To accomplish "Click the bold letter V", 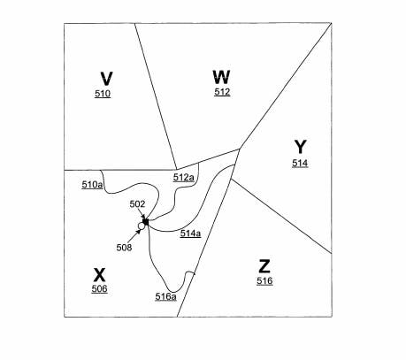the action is click(x=106, y=79).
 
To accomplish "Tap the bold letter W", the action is click(x=221, y=77).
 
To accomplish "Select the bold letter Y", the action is click(x=301, y=147).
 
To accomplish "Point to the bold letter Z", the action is click(x=264, y=266).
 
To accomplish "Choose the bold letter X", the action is click(x=99, y=275).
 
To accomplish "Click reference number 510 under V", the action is click(x=103, y=94).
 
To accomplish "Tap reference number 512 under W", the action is click(x=222, y=92).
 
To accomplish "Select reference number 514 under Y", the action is click(x=300, y=163).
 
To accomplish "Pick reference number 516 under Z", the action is click(x=264, y=281).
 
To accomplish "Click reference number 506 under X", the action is click(x=99, y=289).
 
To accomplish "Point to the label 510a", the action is click(x=92, y=185).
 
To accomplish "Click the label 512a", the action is click(x=184, y=178).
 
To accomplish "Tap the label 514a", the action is click(x=191, y=234).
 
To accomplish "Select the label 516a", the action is click(x=166, y=296).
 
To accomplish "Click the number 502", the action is click(x=137, y=204).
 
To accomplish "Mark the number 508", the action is click(x=124, y=248).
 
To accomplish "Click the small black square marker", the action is click(x=146, y=222).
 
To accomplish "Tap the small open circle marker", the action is click(x=142, y=226).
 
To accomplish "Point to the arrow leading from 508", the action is click(x=134, y=237).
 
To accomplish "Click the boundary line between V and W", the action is click(x=156, y=96).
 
